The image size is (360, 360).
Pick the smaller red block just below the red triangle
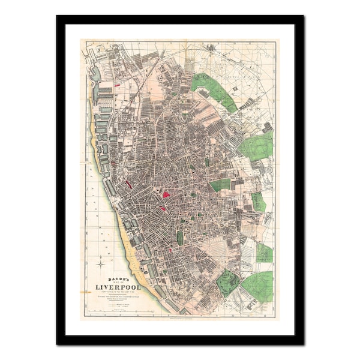(x=162, y=209)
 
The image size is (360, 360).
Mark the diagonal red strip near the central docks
(x=128, y=184)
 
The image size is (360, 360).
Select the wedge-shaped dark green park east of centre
(x=220, y=185)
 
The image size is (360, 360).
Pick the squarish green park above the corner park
(x=264, y=252)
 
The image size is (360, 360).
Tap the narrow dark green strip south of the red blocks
(x=179, y=238)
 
